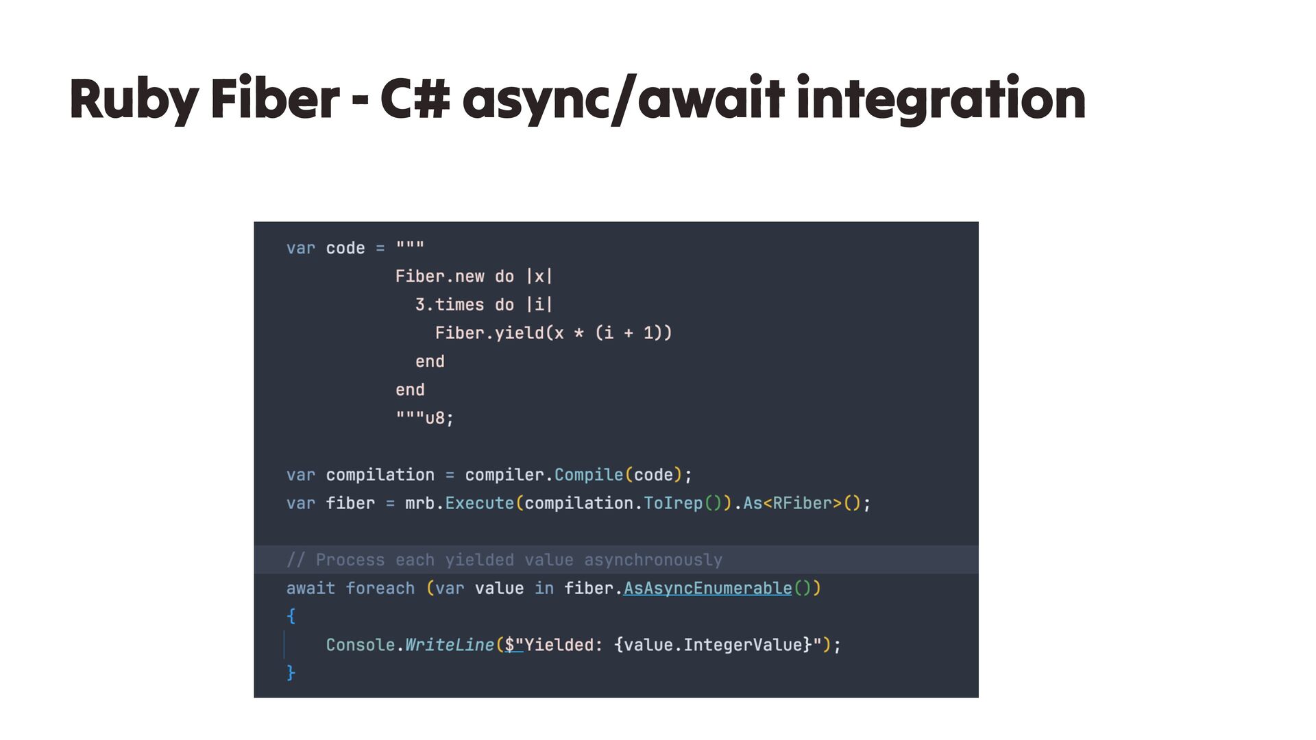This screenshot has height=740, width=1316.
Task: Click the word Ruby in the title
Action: pyautogui.click(x=134, y=99)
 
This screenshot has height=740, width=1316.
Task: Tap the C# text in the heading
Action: pyautogui.click(x=415, y=99)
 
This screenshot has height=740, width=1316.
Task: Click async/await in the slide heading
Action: pyautogui.click(x=623, y=99)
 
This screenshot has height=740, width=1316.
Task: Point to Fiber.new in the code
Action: pyautogui.click(x=439, y=276)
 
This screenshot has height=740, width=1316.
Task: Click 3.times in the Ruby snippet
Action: pyautogui.click(x=449, y=304)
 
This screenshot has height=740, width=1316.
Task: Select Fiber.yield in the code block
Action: pyautogui.click(x=489, y=333)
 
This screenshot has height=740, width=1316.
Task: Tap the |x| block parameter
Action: pyautogui.click(x=539, y=276)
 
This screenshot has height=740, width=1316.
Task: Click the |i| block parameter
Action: pyautogui.click(x=539, y=304)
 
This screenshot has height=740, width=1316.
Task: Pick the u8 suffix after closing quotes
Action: pyautogui.click(x=435, y=418)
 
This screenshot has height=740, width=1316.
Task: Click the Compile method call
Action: pyautogui.click(x=588, y=475)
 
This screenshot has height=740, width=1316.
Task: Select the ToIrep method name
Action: pyautogui.click(x=673, y=504)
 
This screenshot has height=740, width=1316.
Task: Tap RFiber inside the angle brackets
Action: pyautogui.click(x=802, y=504)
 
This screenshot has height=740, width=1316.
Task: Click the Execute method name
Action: pyautogui.click(x=479, y=504)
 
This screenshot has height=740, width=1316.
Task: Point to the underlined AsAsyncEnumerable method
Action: pyautogui.click(x=707, y=589)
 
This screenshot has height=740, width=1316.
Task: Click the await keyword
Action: pyautogui.click(x=310, y=589)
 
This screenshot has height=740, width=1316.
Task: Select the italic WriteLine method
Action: pyautogui.click(x=449, y=645)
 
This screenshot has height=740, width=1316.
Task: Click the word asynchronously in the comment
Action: pyautogui.click(x=653, y=560)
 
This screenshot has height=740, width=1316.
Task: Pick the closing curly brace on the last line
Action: pyautogui.click(x=291, y=673)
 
